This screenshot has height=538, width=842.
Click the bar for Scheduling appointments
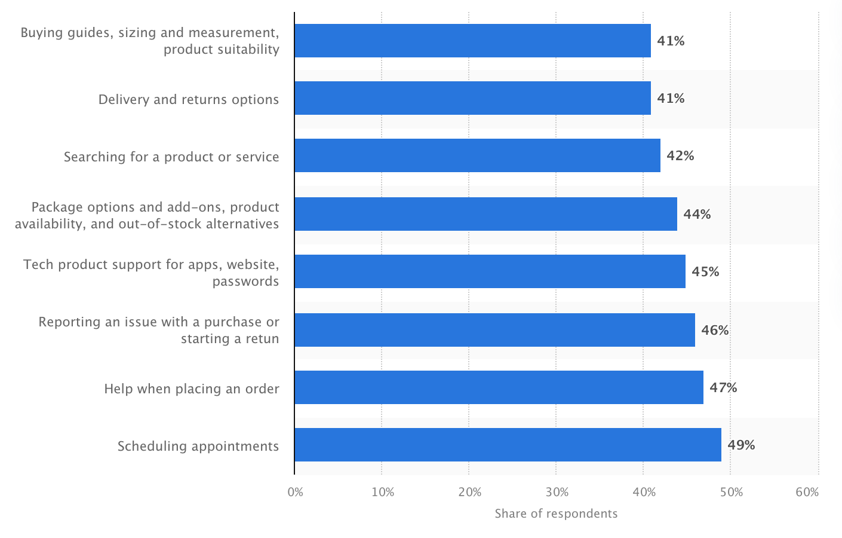[508, 445]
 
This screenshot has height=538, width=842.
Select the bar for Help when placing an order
[499, 387]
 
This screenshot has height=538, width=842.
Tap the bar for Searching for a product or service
[477, 155]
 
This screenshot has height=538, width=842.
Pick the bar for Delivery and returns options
[472, 98]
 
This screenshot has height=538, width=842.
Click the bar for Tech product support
[490, 271]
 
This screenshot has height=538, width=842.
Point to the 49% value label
[741, 445]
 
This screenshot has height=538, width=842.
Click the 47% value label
[723, 388]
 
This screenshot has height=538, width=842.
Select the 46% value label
[715, 331]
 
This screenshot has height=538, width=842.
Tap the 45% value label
[705, 272]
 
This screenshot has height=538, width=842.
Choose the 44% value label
[697, 215]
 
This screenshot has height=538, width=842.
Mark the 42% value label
[680, 156]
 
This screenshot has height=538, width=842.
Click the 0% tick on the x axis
[295, 493]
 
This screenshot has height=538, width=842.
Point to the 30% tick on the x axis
[557, 493]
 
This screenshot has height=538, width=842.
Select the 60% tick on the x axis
[807, 493]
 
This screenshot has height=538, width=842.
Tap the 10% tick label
[382, 493]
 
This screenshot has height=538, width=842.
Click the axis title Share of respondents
[556, 513]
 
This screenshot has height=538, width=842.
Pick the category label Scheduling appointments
[198, 447]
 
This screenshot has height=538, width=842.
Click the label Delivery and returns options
[189, 99]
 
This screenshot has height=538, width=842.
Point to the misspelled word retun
[263, 339]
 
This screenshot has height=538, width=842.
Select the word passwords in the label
[245, 282]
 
